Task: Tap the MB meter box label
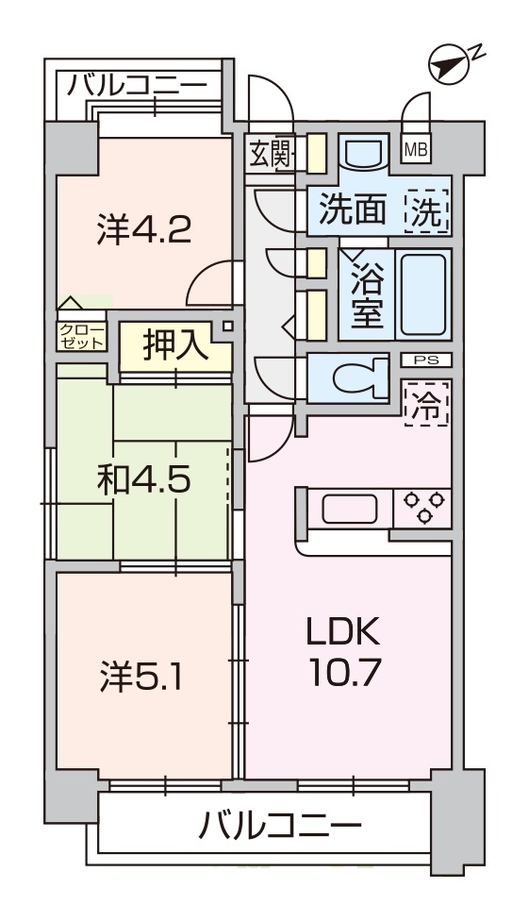(x=415, y=150)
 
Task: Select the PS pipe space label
(x=426, y=360)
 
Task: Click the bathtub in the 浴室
(x=423, y=295)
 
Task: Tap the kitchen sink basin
(x=350, y=509)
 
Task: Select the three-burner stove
(x=422, y=508)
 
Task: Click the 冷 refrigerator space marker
(x=427, y=404)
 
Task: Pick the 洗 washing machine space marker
(x=427, y=211)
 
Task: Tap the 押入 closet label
(x=174, y=345)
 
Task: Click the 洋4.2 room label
(x=143, y=229)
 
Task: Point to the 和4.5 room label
(x=144, y=480)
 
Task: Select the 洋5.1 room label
(x=141, y=677)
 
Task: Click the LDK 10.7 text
(x=344, y=652)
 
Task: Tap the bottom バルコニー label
(x=280, y=827)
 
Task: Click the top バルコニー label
(x=137, y=86)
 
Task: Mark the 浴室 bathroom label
(x=367, y=295)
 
